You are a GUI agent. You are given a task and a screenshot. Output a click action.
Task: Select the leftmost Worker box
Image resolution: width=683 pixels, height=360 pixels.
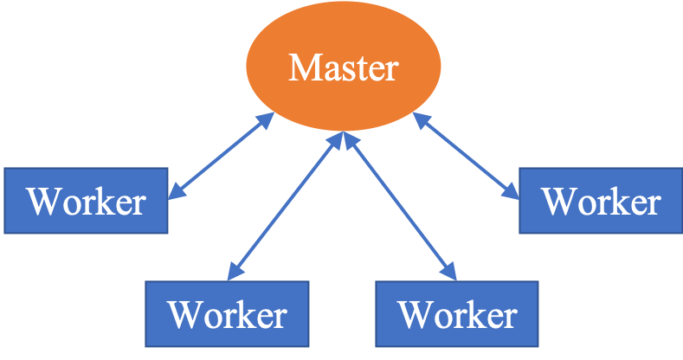[x=86, y=201]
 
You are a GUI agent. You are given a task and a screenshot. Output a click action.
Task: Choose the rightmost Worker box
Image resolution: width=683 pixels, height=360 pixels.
[x=600, y=201]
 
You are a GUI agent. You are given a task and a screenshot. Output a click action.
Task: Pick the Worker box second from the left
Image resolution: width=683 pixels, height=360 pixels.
[x=227, y=313]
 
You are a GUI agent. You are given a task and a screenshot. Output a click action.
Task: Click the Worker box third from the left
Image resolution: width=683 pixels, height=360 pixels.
[x=456, y=313]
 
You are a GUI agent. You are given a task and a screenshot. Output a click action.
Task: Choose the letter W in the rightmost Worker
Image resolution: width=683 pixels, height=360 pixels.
[x=558, y=202]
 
